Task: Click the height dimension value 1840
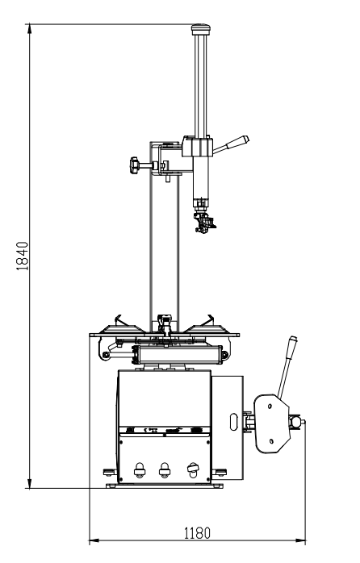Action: coord(23,256)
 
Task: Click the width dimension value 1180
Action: coord(197,533)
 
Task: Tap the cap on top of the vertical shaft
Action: coord(200,29)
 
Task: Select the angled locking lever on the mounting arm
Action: coord(231,144)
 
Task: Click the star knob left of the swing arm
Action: coord(135,165)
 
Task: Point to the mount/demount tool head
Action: coord(204,222)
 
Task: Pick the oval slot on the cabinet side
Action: coord(233,422)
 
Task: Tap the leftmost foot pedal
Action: coord(140,470)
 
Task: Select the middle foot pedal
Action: coord(165,470)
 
